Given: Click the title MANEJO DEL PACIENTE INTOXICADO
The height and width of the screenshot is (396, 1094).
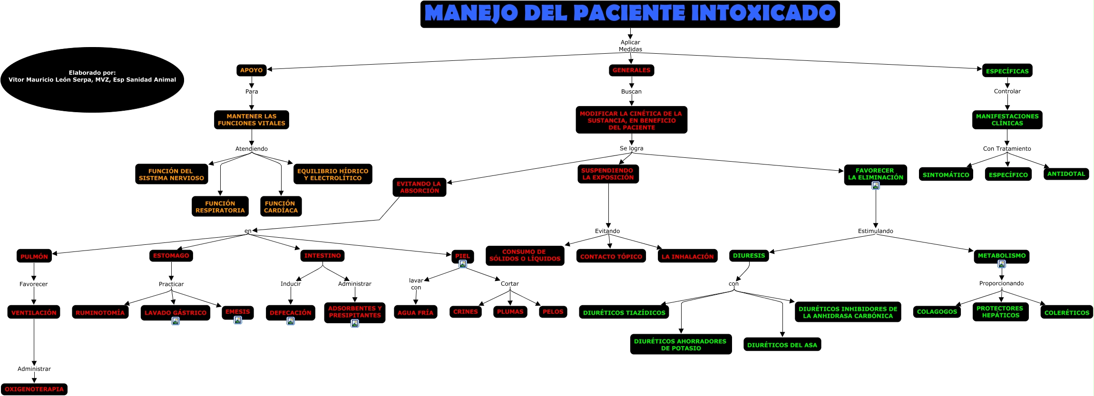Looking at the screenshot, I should click(630, 14).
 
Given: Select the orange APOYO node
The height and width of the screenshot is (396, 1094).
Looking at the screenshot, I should click(251, 70).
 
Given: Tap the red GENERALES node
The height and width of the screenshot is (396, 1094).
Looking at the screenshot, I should click(631, 70).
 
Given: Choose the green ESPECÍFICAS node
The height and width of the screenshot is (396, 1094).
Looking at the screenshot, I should click(1007, 71).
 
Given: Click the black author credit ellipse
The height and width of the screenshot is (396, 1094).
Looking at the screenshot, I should click(92, 79).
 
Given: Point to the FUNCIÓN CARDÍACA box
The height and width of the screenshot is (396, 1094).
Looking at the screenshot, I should click(281, 207).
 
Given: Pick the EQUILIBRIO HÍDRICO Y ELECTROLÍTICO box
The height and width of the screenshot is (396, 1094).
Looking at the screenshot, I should click(332, 174).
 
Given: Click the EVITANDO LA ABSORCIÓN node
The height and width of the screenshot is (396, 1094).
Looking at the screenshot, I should click(419, 187).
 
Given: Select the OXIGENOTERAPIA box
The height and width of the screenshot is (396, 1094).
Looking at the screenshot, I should click(34, 389).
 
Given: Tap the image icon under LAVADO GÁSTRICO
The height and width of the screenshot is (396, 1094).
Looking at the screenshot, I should click(176, 321).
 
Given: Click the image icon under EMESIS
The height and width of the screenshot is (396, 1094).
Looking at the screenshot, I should click(238, 320).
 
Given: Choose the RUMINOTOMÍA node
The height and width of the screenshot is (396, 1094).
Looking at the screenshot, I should click(100, 313).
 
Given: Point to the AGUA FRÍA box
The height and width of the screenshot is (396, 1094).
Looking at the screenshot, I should click(415, 313).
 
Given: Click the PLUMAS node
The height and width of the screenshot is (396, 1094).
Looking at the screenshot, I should click(510, 312).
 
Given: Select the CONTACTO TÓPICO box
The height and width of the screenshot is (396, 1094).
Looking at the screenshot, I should click(611, 257).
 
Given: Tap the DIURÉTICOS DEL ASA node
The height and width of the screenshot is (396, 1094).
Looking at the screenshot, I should click(782, 345).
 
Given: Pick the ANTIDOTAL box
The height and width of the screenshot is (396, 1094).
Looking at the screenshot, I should click(1066, 174).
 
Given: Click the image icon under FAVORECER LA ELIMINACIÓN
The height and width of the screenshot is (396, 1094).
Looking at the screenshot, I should click(876, 185).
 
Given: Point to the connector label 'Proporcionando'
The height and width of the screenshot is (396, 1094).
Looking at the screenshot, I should click(1001, 283).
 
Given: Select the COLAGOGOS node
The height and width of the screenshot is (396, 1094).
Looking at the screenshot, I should click(937, 312).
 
